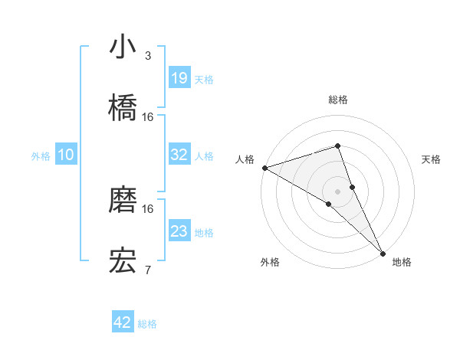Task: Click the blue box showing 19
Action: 179,78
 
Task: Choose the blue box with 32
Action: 179,155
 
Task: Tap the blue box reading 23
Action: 179,231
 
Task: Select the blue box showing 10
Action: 66,155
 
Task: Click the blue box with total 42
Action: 123,322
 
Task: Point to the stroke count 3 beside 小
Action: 148,56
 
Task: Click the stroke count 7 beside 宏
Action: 148,270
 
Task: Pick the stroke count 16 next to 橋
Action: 148,116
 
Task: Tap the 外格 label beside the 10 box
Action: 41,155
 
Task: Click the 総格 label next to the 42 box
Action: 147,323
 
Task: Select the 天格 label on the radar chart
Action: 432,159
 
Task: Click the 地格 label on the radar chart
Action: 402,262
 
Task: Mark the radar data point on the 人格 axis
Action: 264,167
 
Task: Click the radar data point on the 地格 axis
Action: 383,251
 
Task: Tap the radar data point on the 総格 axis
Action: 337,146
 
